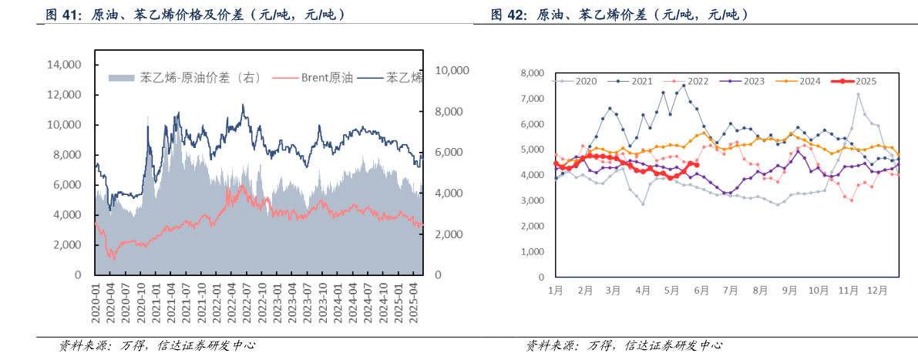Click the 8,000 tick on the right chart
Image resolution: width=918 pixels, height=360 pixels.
[x=533, y=73]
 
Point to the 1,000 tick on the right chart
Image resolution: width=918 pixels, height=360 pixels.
[x=533, y=252]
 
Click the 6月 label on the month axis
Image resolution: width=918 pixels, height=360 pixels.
[x=701, y=290]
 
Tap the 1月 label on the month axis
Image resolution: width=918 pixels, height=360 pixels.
[x=556, y=290]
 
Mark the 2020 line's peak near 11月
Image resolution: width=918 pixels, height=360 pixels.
[x=858, y=94]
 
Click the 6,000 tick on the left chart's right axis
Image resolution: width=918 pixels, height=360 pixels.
[x=449, y=153]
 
